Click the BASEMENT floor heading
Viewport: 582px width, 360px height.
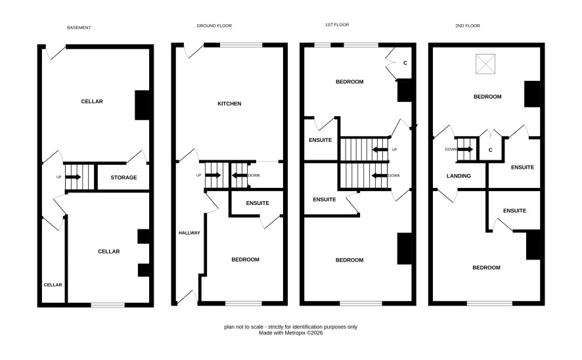coord(79,28)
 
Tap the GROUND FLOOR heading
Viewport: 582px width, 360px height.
coord(214,26)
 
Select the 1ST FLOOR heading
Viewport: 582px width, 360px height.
coord(337,24)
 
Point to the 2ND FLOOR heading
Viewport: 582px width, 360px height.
coord(468,26)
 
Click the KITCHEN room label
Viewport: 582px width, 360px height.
coord(229,104)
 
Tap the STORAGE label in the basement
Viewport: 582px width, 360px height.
coord(123,177)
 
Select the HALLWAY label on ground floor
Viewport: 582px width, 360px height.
coord(189,233)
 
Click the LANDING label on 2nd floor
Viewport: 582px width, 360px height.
coord(459,176)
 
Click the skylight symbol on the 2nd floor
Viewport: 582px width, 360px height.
coord(485,64)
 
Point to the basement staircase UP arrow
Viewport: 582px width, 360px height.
coord(73,177)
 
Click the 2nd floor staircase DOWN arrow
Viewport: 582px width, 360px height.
coord(466,150)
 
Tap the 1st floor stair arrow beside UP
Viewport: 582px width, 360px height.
coord(380,150)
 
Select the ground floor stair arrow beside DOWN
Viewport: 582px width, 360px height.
coord(239,175)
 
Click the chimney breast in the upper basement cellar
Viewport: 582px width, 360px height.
coord(142,105)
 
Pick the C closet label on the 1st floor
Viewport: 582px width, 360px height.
coord(405,63)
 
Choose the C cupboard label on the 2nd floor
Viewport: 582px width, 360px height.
coord(490,150)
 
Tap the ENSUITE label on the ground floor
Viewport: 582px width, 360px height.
coord(257,203)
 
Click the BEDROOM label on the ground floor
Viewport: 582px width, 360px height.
coord(245,259)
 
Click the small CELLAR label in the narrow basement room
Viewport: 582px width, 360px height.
coord(53,284)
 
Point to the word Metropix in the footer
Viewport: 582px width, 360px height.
coord(295,333)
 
